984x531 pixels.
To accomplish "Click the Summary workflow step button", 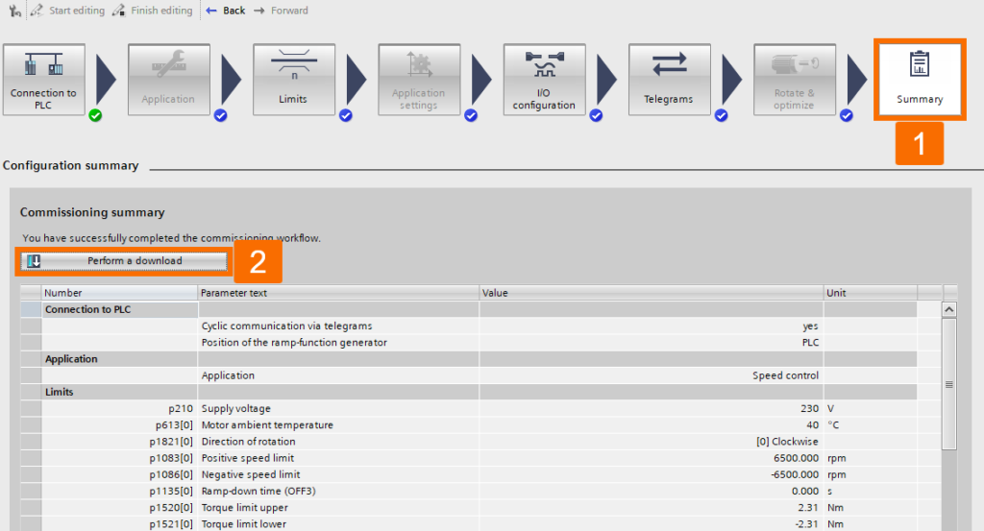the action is [x=920, y=80].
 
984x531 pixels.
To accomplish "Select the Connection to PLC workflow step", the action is [x=44, y=80].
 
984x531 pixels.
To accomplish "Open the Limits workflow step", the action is [x=294, y=80].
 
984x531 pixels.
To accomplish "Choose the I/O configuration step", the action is [x=544, y=80].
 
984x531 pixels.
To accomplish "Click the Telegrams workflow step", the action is [x=669, y=80].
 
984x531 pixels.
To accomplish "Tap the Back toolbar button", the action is [x=225, y=11].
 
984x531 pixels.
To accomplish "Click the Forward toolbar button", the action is [x=281, y=11].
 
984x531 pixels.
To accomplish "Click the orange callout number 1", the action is [x=920, y=144].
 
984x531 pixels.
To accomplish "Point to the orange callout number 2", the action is [x=258, y=261].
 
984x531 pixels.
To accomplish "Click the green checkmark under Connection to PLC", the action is [x=95, y=115].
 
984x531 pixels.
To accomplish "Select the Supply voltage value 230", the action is [x=809, y=409].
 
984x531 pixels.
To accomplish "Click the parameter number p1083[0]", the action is [x=171, y=458].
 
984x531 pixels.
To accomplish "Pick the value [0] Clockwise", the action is [x=787, y=442].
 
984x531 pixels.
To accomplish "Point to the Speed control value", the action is [x=786, y=375].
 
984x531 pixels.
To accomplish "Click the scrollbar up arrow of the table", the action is [x=948, y=310].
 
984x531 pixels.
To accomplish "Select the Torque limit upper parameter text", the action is [x=245, y=508].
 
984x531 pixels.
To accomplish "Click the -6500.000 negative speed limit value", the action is [x=795, y=474].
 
